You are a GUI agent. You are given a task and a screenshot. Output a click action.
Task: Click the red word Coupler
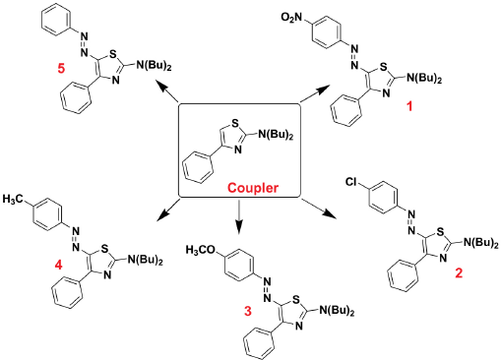coord(253,188)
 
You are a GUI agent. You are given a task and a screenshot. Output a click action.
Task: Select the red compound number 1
coord(409,106)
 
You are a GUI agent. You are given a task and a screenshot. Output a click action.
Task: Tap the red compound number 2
coord(459,272)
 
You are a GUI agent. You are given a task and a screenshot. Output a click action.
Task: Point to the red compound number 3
coord(248,311)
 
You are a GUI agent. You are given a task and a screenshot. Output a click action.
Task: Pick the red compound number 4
coord(58,265)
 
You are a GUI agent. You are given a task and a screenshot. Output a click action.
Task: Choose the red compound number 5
coord(61,69)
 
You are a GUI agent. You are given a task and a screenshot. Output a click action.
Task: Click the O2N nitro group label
coord(291,18)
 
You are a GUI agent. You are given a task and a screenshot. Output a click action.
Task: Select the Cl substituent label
coord(350,181)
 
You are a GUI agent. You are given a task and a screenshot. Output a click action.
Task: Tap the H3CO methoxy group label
coord(201,250)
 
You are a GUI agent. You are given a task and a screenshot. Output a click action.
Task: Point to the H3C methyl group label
coord(14,199)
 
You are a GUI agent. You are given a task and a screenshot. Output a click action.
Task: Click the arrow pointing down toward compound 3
coord(238,216)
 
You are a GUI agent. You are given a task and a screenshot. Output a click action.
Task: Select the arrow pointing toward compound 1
coord(314,94)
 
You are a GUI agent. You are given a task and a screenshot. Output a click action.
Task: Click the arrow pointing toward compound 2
coord(319,208)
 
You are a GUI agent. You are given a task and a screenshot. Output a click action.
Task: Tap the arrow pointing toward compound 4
coord(168,210)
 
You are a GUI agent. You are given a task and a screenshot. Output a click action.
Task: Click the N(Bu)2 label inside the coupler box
coord(276,135)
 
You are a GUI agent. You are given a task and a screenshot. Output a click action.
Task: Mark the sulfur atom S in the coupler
coord(235,123)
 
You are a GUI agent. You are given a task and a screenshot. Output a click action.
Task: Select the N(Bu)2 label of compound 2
coord(480,243)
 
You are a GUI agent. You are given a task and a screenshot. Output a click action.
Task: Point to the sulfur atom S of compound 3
coord(295,299)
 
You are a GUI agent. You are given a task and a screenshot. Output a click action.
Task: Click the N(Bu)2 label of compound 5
coord(154,65)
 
